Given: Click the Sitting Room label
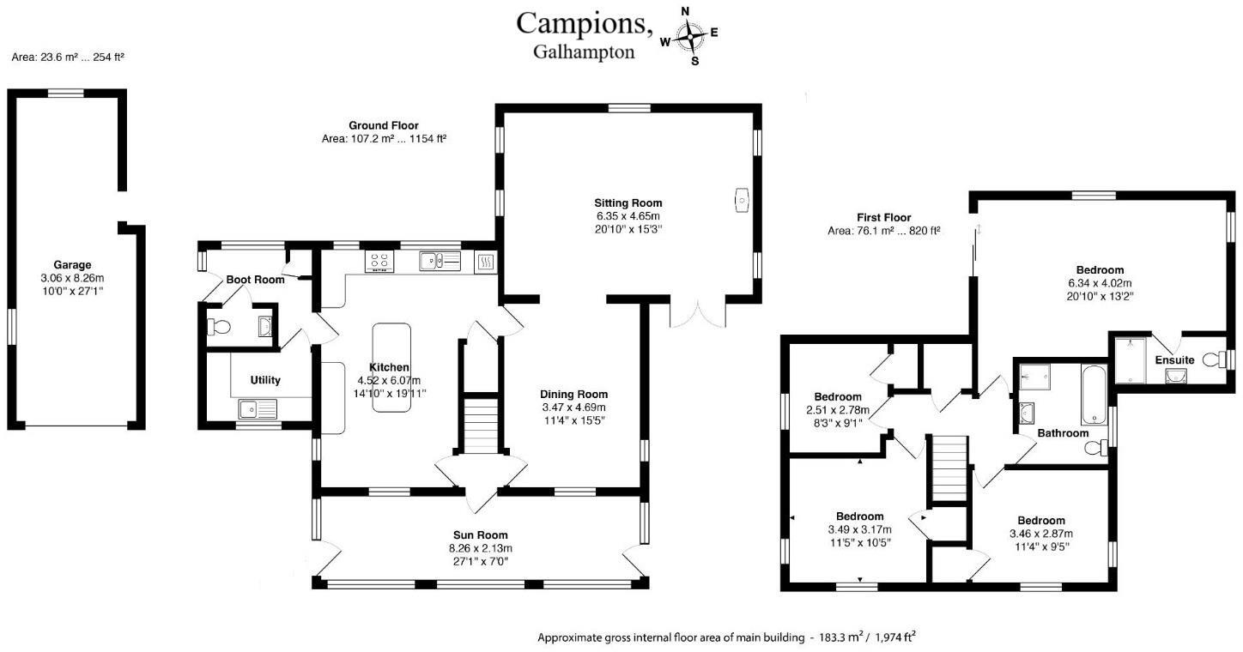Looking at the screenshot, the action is click(628, 203).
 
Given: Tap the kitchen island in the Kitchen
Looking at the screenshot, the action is click(391, 367).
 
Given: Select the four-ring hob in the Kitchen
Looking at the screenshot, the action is click(379, 261).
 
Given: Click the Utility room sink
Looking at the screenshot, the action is click(258, 409).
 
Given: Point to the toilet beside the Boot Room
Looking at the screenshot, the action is click(219, 327).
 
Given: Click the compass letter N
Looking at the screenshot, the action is click(685, 11).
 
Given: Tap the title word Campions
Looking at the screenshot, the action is click(584, 24).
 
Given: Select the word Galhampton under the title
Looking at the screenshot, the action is click(584, 52).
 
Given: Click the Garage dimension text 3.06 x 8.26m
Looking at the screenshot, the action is click(72, 278).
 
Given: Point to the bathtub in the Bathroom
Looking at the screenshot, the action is click(1093, 394).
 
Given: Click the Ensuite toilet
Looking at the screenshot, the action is click(1215, 359).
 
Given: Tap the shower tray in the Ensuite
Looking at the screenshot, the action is click(1130, 359).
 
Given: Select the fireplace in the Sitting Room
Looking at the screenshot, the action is click(742, 200).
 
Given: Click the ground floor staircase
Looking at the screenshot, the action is click(481, 424).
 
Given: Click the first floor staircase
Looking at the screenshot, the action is click(949, 468).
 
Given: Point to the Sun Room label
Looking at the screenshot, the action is click(481, 535).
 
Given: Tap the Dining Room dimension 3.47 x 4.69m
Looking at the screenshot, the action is click(573, 407).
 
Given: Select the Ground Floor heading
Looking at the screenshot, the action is click(384, 125).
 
